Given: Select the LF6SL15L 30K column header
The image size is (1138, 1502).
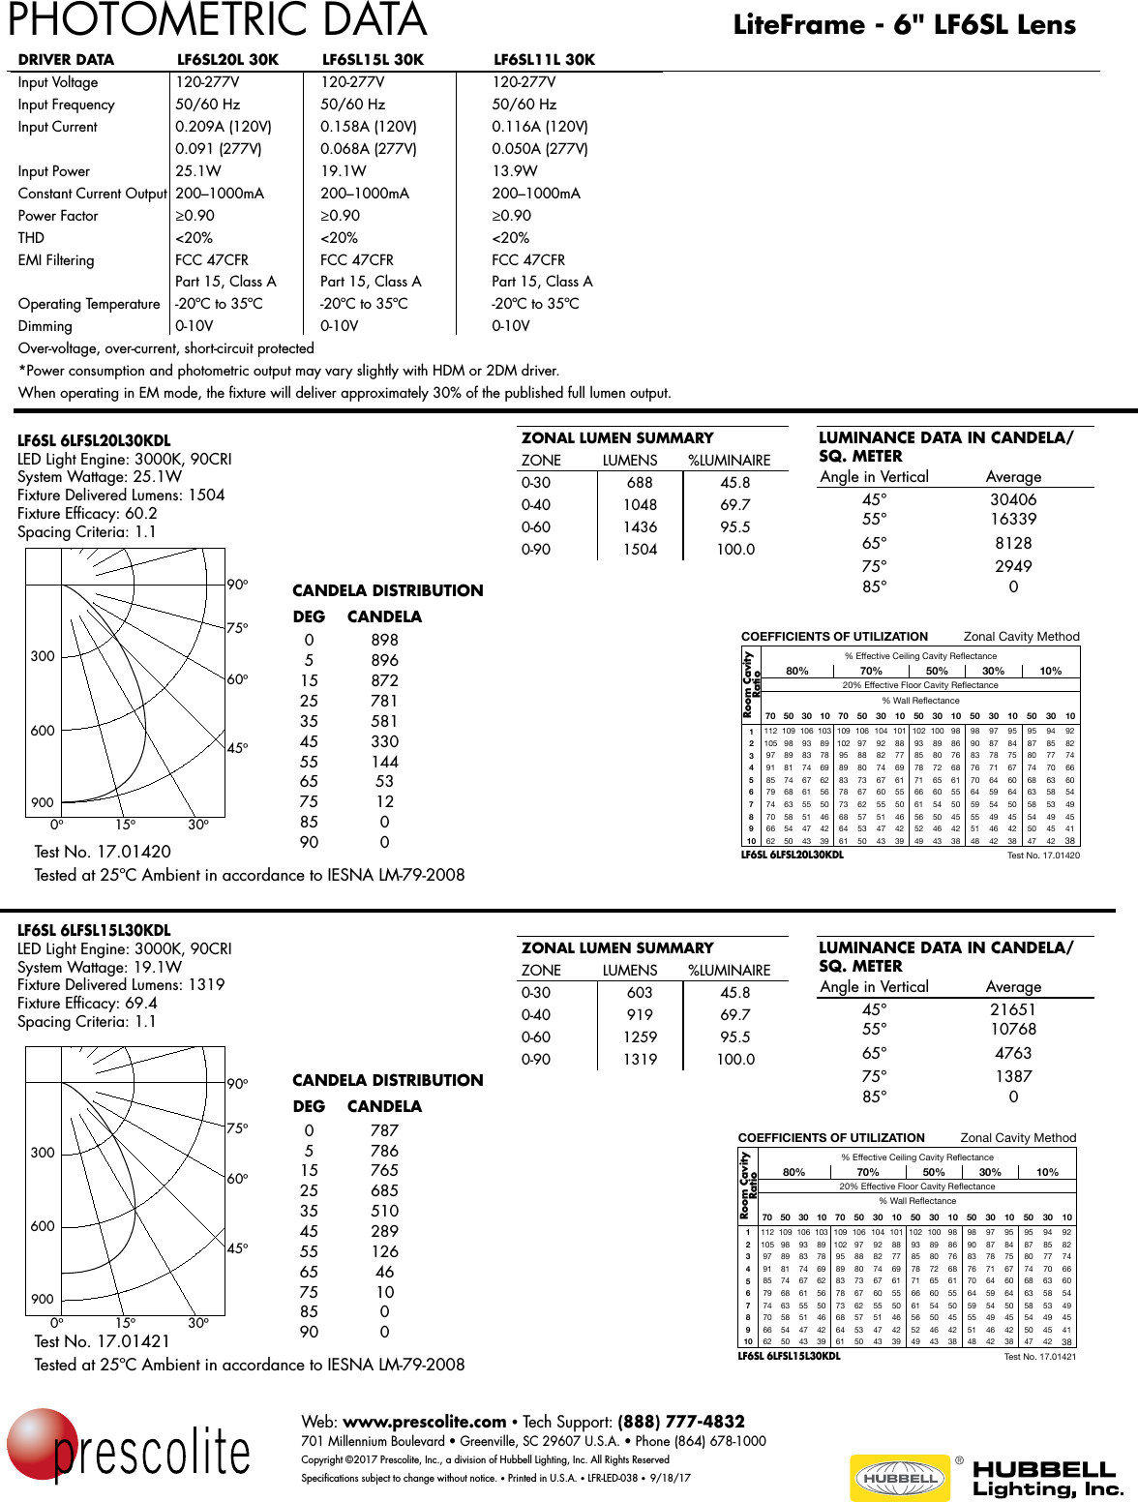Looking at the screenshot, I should (373, 60).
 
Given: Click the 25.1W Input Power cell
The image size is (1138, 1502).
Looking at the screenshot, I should (197, 171).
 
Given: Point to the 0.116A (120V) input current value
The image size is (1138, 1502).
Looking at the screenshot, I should (539, 127).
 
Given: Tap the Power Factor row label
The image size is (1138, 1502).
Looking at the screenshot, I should (58, 216).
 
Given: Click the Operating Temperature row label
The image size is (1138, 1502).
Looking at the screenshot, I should (89, 304).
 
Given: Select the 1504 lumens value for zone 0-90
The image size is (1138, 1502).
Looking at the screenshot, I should (640, 550).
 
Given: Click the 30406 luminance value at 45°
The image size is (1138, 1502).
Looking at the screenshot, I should (1012, 499).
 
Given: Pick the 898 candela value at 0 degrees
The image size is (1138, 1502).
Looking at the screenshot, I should (384, 640).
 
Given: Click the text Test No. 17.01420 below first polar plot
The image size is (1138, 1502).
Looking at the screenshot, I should (103, 852).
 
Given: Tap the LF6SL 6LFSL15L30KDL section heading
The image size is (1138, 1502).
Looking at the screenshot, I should (94, 930).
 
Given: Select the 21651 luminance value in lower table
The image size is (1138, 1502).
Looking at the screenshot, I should (1012, 1009).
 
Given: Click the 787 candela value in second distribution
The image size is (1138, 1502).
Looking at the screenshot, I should (384, 1130).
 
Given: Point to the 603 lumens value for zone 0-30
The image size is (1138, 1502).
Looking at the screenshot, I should (640, 993).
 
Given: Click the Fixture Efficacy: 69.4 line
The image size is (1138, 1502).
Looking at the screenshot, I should (87, 1004).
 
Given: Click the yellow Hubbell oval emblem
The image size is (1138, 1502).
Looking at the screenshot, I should (900, 1478).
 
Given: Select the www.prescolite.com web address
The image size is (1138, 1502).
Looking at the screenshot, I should (424, 1422).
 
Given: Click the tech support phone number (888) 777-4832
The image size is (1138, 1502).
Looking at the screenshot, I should (681, 1422).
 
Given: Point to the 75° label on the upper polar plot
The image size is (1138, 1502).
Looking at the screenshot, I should (237, 628).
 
